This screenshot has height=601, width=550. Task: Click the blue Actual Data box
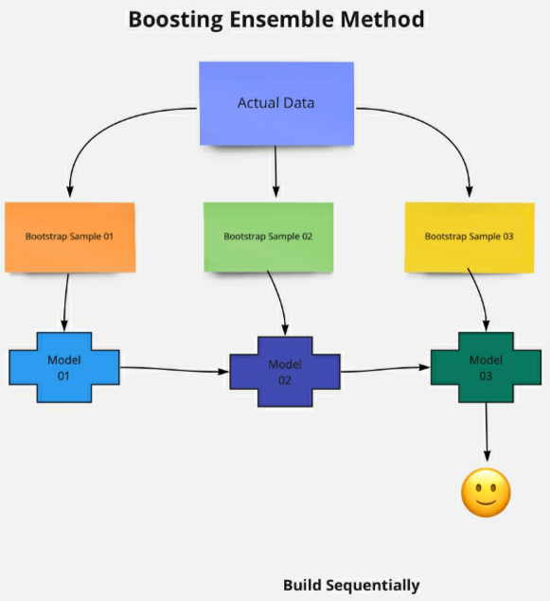pyautogui.click(x=276, y=103)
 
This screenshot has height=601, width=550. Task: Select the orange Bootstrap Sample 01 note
pyautogui.click(x=70, y=238)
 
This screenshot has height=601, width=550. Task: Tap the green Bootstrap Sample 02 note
pyautogui.click(x=268, y=238)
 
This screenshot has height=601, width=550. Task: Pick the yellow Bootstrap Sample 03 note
pyautogui.click(x=470, y=238)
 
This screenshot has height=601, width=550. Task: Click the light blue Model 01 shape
pyautogui.click(x=64, y=367)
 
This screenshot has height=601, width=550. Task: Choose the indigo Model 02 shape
pyautogui.click(x=285, y=371)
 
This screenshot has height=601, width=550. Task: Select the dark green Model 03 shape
pyautogui.click(x=486, y=367)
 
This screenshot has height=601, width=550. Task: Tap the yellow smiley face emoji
pyautogui.click(x=486, y=492)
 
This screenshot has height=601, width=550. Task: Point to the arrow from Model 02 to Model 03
pyautogui.click(x=385, y=369)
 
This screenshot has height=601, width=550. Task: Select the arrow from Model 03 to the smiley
pyautogui.click(x=487, y=432)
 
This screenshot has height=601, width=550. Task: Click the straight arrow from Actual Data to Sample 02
pyautogui.click(x=275, y=171)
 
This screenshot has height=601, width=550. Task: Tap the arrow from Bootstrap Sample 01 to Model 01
pyautogui.click(x=66, y=302)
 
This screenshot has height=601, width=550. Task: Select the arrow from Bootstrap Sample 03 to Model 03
pyautogui.click(x=481, y=299)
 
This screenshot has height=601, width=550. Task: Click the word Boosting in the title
pyautogui.click(x=175, y=20)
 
